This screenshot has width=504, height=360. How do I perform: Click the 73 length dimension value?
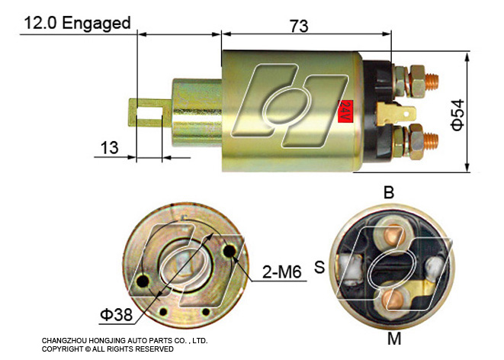(299, 26)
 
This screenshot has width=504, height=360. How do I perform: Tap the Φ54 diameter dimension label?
(457, 114)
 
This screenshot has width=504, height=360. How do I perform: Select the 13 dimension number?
(109, 147)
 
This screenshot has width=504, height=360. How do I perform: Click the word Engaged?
(96, 24)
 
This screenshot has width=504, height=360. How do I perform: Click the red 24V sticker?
(345, 111)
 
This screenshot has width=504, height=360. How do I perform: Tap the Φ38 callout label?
(117, 314)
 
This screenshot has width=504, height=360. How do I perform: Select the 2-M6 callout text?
(282, 272)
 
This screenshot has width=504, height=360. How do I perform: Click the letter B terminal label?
(389, 192)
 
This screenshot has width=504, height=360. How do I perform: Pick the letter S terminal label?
(319, 266)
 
